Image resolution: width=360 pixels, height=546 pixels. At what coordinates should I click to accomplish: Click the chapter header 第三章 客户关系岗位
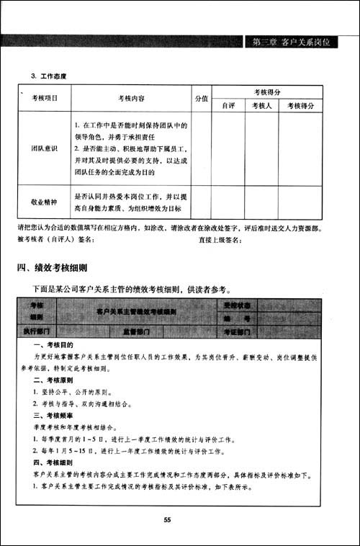click(292, 42)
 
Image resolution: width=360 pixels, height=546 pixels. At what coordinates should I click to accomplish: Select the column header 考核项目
click(45, 98)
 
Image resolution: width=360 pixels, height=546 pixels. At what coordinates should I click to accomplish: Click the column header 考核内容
click(131, 98)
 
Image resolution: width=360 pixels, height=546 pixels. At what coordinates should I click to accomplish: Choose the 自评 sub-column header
click(228, 105)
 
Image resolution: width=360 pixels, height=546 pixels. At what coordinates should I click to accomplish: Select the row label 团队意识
click(45, 148)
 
